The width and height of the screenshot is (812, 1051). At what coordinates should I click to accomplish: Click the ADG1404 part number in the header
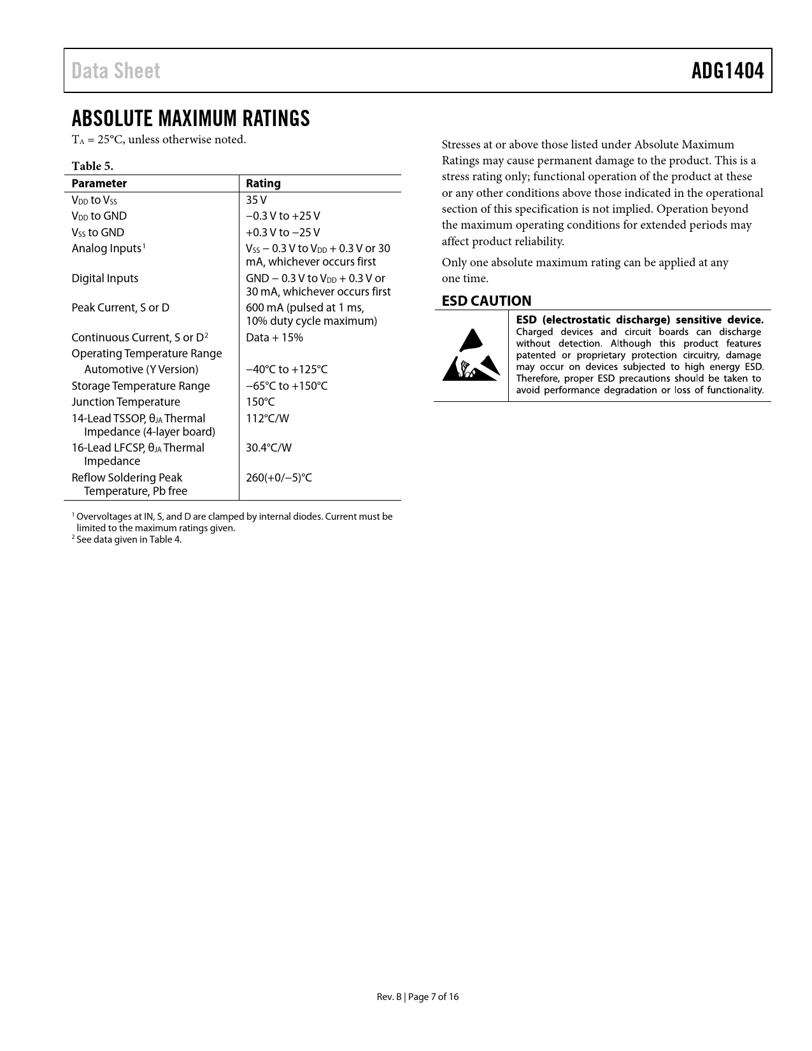point(727,71)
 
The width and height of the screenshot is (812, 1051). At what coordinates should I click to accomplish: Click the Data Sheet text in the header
point(116,71)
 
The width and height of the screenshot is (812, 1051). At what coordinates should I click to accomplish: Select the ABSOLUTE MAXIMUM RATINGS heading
point(190,118)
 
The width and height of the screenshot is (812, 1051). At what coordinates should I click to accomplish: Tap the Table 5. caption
point(92,166)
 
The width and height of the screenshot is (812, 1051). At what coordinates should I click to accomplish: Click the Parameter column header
point(99,183)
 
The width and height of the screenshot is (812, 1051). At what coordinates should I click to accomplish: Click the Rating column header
point(263,183)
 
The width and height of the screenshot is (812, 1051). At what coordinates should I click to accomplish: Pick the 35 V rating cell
point(256,200)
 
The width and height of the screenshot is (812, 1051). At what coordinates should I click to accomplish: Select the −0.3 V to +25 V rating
point(283,216)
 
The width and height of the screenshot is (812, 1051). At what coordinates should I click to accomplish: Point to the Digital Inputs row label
point(104,278)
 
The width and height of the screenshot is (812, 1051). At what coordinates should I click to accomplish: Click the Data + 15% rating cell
point(274,338)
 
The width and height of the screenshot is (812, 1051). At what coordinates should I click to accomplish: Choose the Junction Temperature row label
point(125,402)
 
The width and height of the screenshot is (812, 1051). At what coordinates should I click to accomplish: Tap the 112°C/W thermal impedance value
point(267,418)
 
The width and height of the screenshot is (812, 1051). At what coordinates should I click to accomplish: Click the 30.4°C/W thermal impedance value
point(269,448)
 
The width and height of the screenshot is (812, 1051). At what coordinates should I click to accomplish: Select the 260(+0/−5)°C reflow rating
point(279,478)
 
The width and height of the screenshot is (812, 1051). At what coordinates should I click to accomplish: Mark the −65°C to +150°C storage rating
point(287,386)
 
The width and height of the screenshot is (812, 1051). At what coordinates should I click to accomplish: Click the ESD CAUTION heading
point(487,301)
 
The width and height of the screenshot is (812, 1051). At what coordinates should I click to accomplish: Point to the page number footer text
point(417,997)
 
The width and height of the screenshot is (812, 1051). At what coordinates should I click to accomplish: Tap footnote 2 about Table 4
point(127,540)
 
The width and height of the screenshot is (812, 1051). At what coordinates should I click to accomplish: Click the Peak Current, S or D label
point(120,308)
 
